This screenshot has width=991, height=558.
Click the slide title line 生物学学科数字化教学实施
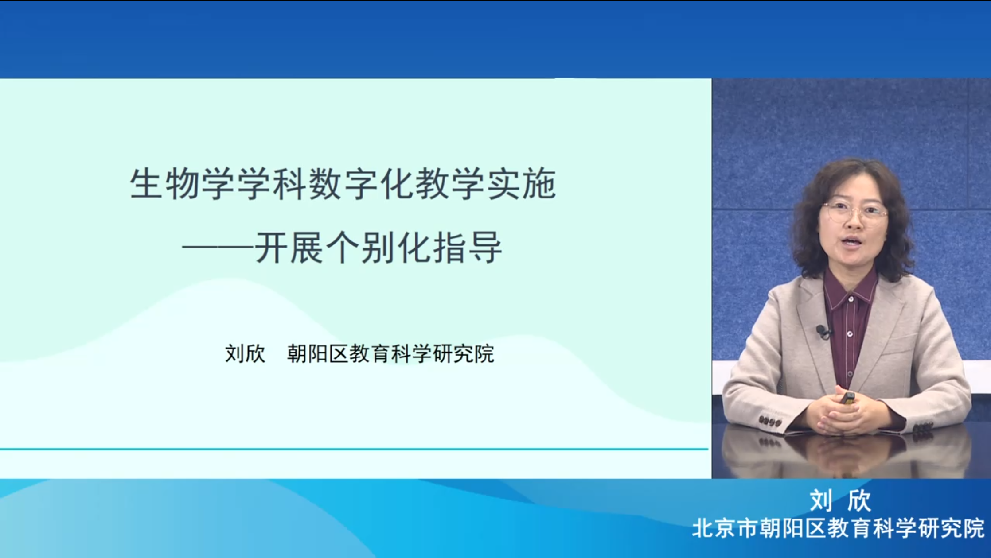pos(343,184)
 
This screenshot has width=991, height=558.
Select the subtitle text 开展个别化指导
pos(378,248)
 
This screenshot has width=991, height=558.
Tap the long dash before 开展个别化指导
pos(218,248)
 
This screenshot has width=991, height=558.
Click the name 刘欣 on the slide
pos(245,354)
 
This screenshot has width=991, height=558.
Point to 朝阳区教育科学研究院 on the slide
pos(390,354)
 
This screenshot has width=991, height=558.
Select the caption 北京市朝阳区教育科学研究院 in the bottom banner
pos(838,528)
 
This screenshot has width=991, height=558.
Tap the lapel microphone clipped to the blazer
pos(823,331)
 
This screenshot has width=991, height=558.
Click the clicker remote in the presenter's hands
pos(848,398)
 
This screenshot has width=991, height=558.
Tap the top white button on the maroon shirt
pos(851,300)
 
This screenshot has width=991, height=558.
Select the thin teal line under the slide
pos(354,449)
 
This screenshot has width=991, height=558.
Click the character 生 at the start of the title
pos(145,184)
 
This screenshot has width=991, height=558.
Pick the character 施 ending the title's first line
pos(539,184)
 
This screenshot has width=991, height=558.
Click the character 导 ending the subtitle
pos(486,248)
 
